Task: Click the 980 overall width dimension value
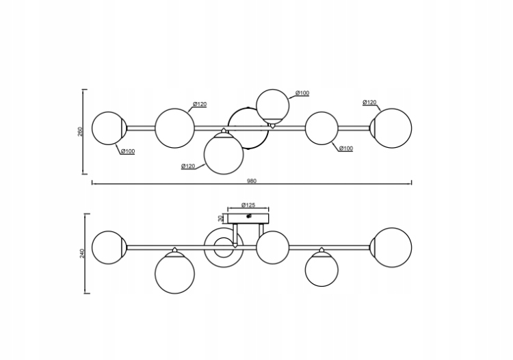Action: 252,180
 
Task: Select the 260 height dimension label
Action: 80,131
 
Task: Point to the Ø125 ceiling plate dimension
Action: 248,205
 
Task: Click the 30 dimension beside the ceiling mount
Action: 221,218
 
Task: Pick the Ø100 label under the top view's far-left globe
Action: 127,151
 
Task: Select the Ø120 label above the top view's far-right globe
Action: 369,103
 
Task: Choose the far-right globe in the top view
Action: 391,128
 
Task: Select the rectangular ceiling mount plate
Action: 249,218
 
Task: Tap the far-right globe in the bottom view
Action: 391,247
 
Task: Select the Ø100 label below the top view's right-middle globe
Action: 346,149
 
